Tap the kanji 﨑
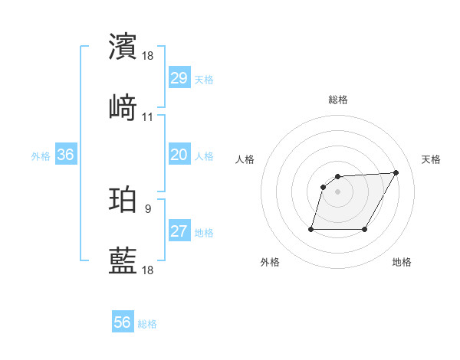[123, 107]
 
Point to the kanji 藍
[123, 260]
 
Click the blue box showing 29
[179, 78]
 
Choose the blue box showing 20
[179, 155]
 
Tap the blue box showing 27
[179, 232]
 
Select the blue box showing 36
[66, 155]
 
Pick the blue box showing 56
[123, 322]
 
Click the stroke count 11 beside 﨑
[148, 117]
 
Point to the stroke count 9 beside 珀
[148, 208]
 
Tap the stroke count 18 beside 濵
[149, 55]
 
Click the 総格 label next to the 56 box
[147, 324]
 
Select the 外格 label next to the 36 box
[41, 156]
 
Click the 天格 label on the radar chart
[431, 159]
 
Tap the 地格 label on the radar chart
[402, 262]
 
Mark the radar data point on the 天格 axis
[396, 172]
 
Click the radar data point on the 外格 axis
[311, 229]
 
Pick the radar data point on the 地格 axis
[364, 229]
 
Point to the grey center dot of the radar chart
[337, 191]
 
